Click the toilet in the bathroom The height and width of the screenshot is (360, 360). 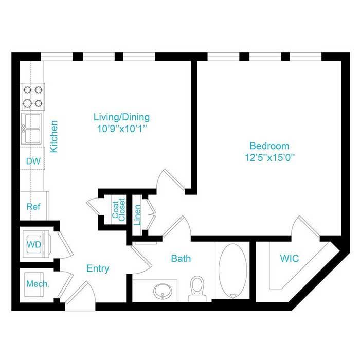coord(197,289)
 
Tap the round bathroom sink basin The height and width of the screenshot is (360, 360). coord(163,292)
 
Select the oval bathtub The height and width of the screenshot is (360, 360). coord(232,271)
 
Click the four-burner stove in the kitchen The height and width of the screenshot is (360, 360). coord(33,97)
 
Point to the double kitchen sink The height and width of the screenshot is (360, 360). coord(31,128)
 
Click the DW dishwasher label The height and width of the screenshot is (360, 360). coord(33,161)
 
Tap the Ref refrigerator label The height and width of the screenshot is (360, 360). coord(33,207)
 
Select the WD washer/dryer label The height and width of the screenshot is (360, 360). coord(34,244)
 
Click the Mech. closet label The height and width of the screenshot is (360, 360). coord(38,284)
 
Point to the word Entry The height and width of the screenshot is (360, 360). coord(98,268)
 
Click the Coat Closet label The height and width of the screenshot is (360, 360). coord(118,210)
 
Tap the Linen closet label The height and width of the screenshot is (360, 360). coord(137,215)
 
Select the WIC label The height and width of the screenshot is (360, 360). coord(290,259)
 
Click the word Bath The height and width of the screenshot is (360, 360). coord(181,259)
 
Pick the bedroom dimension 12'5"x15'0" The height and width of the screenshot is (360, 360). coord(270,158)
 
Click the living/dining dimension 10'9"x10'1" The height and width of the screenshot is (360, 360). coord(122,129)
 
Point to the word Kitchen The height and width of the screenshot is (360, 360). coord(54,136)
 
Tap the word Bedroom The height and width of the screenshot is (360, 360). coord(269,146)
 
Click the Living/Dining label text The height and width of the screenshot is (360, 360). coord(122,117)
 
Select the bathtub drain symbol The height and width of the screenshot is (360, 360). coord(233,296)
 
